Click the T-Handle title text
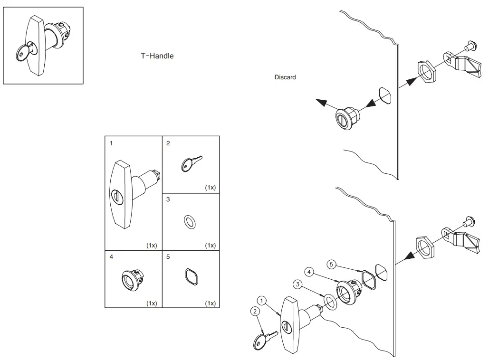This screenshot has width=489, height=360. pos(157,56)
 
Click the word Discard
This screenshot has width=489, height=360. pos(285,77)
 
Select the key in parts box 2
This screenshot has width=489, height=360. pos(190,163)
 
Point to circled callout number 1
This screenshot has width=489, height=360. pos(261,300)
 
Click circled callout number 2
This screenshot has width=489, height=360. pos(255,311)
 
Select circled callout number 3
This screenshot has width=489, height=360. pos(297,284)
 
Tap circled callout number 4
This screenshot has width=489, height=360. pos(309,272)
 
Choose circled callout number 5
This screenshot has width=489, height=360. pos(332,264)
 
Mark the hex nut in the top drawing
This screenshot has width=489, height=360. pos(426,70)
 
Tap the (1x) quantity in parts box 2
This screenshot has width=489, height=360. pos(211,188)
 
